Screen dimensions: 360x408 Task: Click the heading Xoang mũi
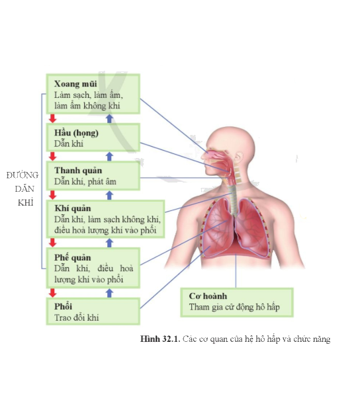click(x=75, y=84)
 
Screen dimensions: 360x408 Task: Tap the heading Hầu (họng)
click(x=76, y=133)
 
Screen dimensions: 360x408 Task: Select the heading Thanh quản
click(x=78, y=171)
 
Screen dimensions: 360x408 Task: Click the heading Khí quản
click(x=73, y=208)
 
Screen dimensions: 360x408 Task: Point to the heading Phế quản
click(x=73, y=258)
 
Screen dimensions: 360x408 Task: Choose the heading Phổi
click(x=63, y=306)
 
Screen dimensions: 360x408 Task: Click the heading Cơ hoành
click(x=208, y=296)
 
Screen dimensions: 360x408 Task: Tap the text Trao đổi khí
click(x=77, y=317)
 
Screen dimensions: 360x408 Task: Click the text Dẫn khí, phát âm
click(x=85, y=181)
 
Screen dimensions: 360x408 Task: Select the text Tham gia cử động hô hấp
click(x=234, y=307)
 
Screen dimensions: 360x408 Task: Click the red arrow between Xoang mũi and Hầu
click(x=53, y=118)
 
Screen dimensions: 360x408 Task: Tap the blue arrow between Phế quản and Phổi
click(x=110, y=293)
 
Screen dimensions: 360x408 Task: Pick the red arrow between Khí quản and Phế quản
click(x=53, y=243)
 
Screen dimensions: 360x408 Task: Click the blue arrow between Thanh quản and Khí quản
click(x=110, y=195)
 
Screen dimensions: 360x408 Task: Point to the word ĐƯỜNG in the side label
click(x=22, y=175)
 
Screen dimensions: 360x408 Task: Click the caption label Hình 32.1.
click(x=160, y=339)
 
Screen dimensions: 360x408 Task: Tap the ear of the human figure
click(x=238, y=158)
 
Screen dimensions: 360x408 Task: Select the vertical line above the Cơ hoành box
click(x=236, y=270)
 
